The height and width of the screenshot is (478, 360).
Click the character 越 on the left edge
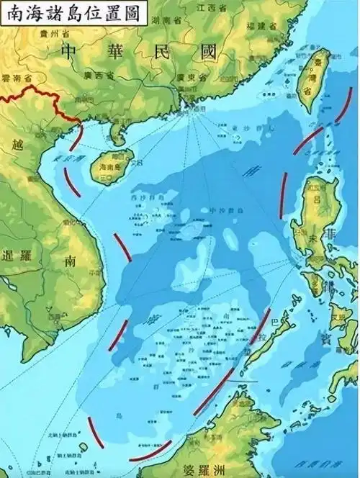pyautogui.click(x=17, y=144)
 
